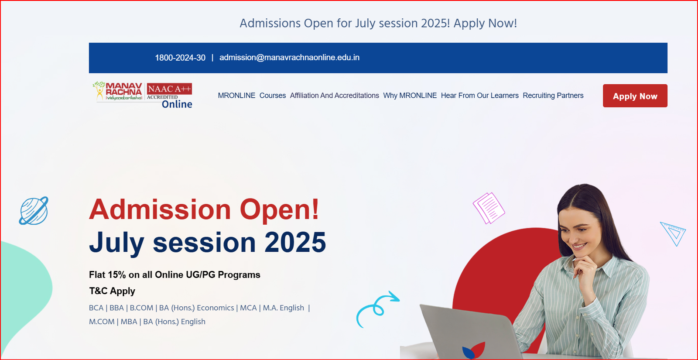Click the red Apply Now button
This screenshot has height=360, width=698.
pos(635,96)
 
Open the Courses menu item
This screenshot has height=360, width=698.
pos(272,96)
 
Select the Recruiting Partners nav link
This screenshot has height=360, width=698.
pos(553,96)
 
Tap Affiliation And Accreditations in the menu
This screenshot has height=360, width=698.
pos(334,96)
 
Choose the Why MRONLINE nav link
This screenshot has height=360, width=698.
pos(410,96)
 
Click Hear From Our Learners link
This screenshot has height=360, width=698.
pos(479,96)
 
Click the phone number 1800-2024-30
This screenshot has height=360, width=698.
pos(180,58)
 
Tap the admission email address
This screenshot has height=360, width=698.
pos(289,58)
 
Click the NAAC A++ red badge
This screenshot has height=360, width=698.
pos(169,89)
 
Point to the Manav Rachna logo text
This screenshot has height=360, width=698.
pos(124,89)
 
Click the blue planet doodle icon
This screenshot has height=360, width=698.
pos(34,211)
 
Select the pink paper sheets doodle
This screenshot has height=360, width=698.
pos(489,208)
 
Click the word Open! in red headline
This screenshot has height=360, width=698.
pos(279,210)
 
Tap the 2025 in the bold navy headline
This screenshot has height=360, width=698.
pos(295,242)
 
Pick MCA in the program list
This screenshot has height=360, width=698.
pos(248,308)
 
